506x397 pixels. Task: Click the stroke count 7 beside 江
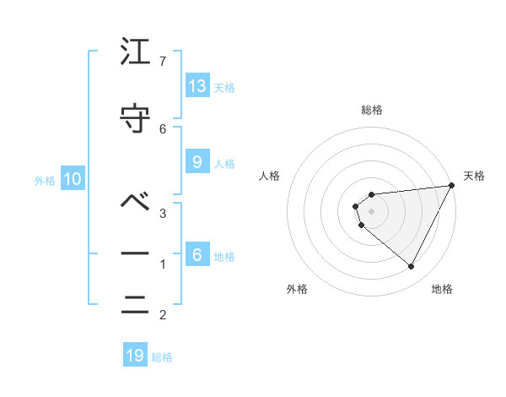tap(163, 62)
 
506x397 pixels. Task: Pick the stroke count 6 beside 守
tap(163, 128)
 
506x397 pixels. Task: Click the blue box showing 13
tap(197, 86)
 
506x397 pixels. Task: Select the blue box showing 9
tap(197, 162)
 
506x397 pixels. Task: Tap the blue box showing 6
tap(197, 255)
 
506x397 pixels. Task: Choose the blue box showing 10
tap(73, 178)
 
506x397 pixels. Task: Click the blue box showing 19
tap(135, 356)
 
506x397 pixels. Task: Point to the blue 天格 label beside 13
tap(224, 88)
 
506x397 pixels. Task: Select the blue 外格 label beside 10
tap(45, 180)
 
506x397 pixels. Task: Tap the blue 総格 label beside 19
tap(162, 357)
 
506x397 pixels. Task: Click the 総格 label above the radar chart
tap(372, 110)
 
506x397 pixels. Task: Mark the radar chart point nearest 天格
tap(452, 186)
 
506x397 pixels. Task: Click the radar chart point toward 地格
tap(412, 267)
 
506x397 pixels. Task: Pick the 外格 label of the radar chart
tap(297, 289)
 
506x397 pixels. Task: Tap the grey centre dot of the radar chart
tap(372, 211)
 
